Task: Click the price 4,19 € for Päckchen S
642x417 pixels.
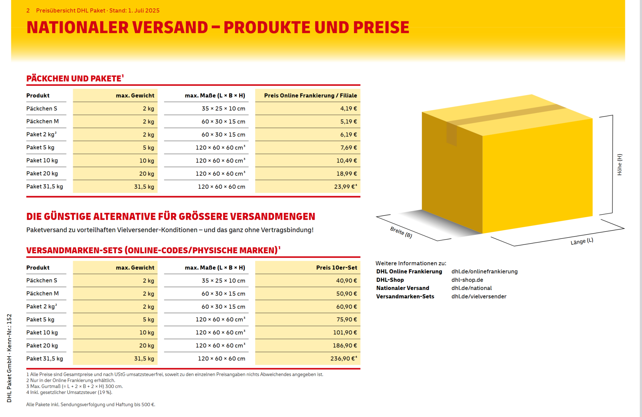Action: pyautogui.click(x=348, y=109)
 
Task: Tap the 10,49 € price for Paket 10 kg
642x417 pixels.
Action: pyautogui.click(x=346, y=161)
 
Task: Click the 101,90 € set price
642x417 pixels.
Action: pyautogui.click(x=345, y=332)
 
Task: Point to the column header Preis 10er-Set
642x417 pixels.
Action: pyautogui.click(x=336, y=268)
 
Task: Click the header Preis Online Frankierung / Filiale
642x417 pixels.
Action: pyautogui.click(x=310, y=96)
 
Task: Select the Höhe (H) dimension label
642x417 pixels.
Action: pyautogui.click(x=619, y=165)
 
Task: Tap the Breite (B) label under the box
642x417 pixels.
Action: pyautogui.click(x=401, y=232)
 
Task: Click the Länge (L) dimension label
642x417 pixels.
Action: pyautogui.click(x=581, y=241)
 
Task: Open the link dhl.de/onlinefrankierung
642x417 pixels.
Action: pyautogui.click(x=484, y=272)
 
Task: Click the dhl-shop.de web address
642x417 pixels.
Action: pyautogui.click(x=467, y=280)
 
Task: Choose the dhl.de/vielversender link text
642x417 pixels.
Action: pyautogui.click(x=478, y=296)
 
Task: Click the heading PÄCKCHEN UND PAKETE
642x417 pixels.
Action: pyautogui.click(x=74, y=79)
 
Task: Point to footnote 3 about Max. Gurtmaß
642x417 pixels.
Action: pyautogui.click(x=75, y=387)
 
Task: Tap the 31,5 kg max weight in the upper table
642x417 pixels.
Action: pyautogui.click(x=144, y=187)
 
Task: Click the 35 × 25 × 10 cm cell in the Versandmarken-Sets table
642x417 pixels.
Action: pyautogui.click(x=223, y=281)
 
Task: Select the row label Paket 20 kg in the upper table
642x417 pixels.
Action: pyautogui.click(x=42, y=174)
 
